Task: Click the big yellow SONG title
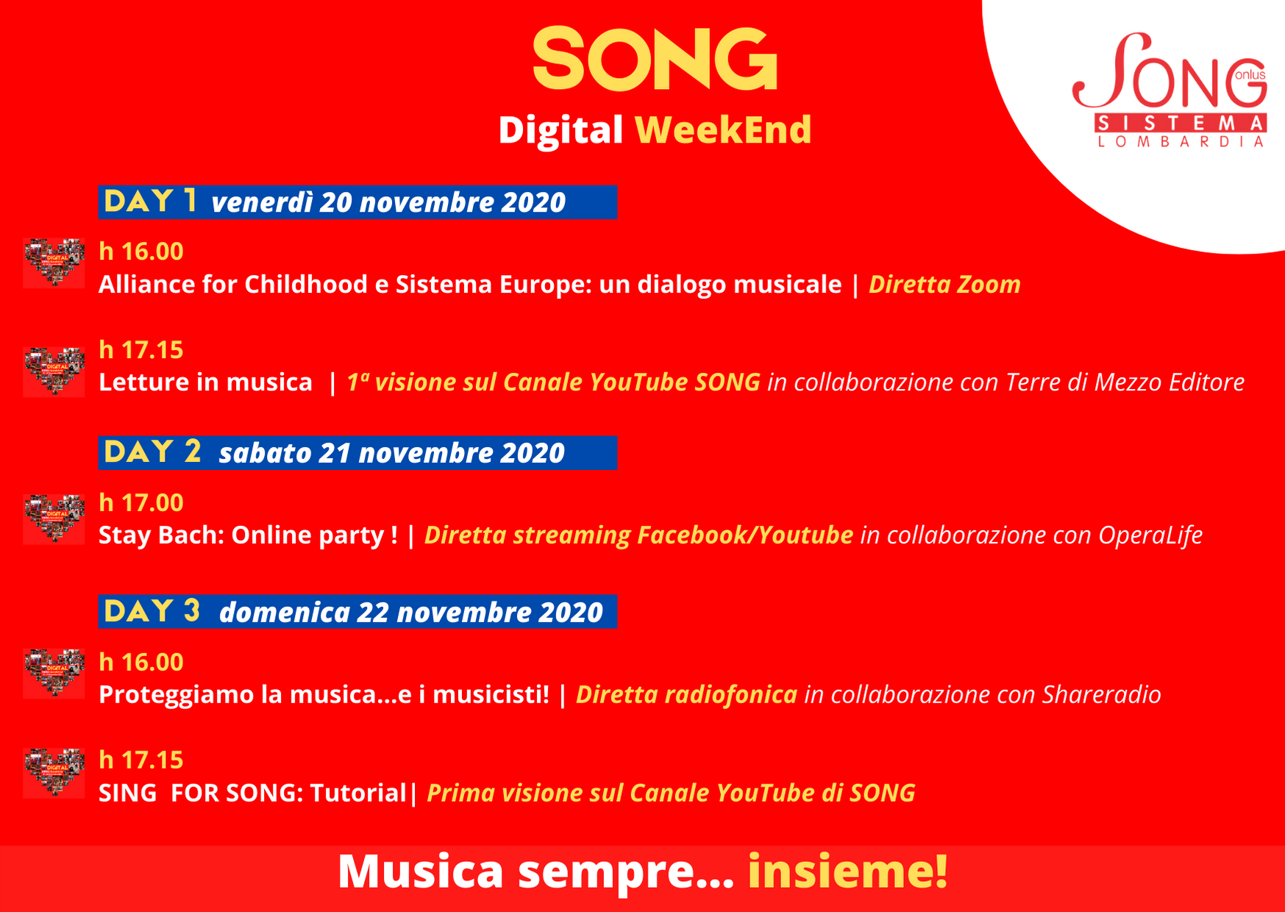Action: [655, 59]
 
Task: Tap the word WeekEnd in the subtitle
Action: [723, 130]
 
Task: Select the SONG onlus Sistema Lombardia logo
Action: [1170, 90]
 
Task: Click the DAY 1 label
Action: [150, 202]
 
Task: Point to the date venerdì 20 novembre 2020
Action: [388, 203]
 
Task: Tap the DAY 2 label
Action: [152, 452]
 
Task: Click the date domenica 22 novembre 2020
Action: [411, 613]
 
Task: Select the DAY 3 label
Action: [152, 611]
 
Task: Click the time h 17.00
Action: [141, 503]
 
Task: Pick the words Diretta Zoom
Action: [945, 285]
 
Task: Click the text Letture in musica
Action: [205, 382]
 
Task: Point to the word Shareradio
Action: [1102, 695]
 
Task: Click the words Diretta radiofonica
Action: [686, 695]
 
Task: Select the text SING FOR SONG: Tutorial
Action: [253, 793]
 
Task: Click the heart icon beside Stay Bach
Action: [54, 519]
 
